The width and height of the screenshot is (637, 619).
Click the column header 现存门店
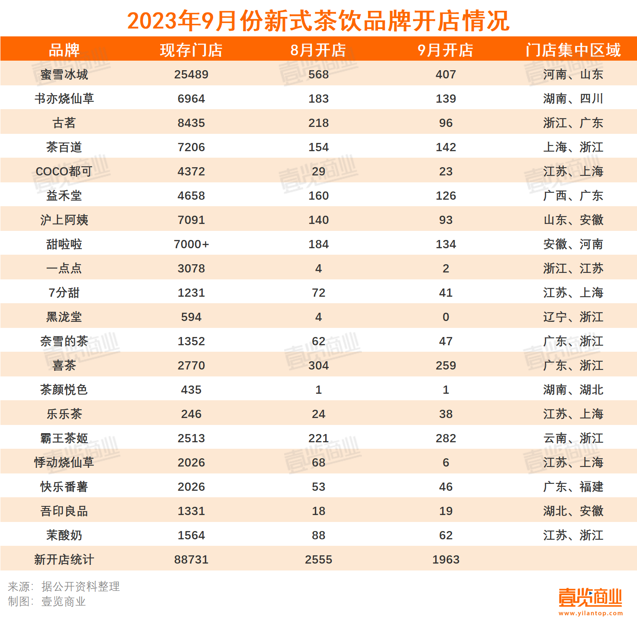coord(191,50)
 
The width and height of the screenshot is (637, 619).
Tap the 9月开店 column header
coord(446,50)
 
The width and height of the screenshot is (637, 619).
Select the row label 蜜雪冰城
coord(64,75)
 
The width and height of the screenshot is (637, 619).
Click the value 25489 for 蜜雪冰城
coord(191,75)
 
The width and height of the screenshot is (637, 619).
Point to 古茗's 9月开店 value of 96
coord(446,123)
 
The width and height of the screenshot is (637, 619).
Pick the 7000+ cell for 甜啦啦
coord(191,244)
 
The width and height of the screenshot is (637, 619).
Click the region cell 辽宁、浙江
coord(573,317)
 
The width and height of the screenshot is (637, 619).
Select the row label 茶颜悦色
coord(64,390)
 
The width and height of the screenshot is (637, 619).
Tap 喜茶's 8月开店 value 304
coord(318,366)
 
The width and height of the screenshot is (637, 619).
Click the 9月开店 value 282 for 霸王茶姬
coord(446,438)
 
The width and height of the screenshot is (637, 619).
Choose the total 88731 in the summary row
coord(191,560)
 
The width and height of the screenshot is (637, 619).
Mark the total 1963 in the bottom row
coord(446,560)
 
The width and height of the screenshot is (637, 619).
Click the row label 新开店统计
coord(64,560)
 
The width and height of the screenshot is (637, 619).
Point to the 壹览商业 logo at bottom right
coord(590,598)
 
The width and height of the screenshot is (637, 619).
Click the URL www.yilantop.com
coord(590,613)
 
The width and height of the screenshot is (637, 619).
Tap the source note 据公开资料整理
coord(81,587)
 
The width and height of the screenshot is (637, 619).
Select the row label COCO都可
coord(64,172)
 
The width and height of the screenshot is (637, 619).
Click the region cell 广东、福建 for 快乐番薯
coord(573,487)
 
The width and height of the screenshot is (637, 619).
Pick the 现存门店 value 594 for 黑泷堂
coord(191,317)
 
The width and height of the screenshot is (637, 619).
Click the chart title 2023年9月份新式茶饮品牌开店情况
coord(318,20)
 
